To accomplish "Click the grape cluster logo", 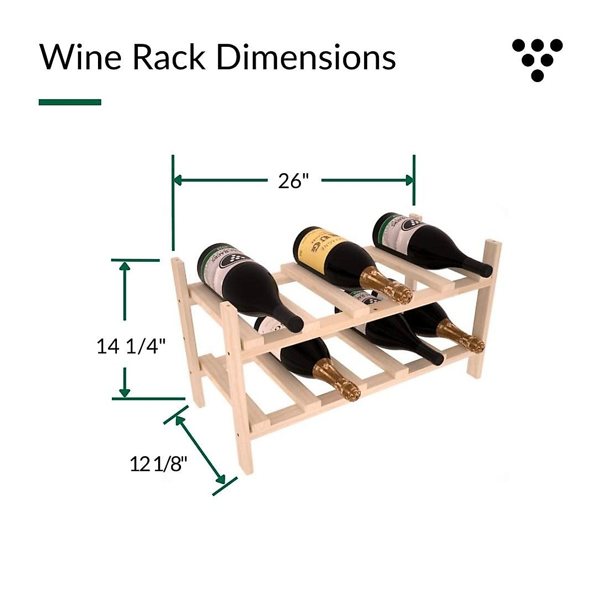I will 537,59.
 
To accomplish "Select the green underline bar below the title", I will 70,102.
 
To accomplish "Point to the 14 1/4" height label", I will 130,345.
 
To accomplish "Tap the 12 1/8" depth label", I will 158,464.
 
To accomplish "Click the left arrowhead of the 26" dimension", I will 178,180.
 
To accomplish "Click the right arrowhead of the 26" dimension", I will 409,180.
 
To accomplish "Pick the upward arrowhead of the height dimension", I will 124,266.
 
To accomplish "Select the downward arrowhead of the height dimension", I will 124,392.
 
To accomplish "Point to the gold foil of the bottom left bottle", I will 338,379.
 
